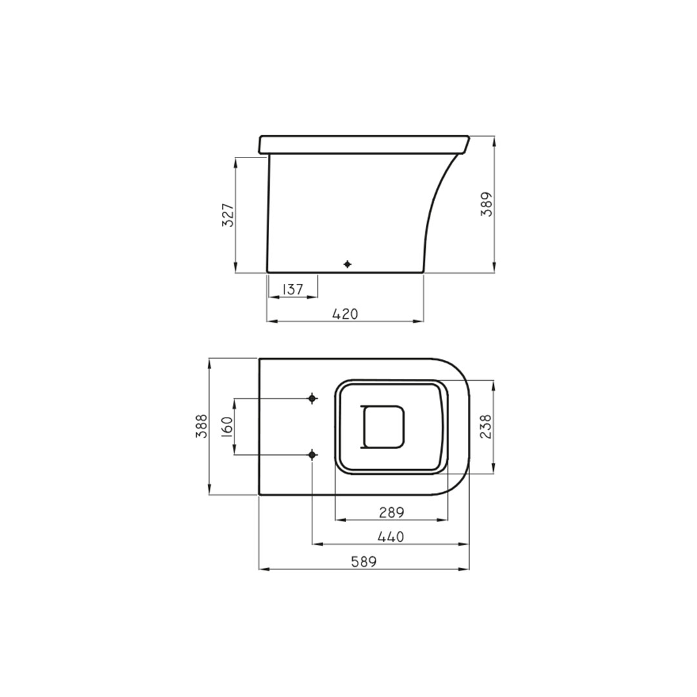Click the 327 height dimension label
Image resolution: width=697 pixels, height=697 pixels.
point(228,215)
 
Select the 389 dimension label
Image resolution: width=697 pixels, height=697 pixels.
point(487,205)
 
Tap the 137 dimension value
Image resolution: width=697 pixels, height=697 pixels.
point(293,289)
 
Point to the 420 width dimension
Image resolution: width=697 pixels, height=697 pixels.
point(345,314)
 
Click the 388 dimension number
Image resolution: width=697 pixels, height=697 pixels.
point(202,426)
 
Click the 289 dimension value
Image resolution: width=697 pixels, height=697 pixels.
point(392,512)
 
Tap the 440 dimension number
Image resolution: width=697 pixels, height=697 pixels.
point(390,537)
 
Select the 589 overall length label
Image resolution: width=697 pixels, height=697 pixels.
point(364,562)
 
